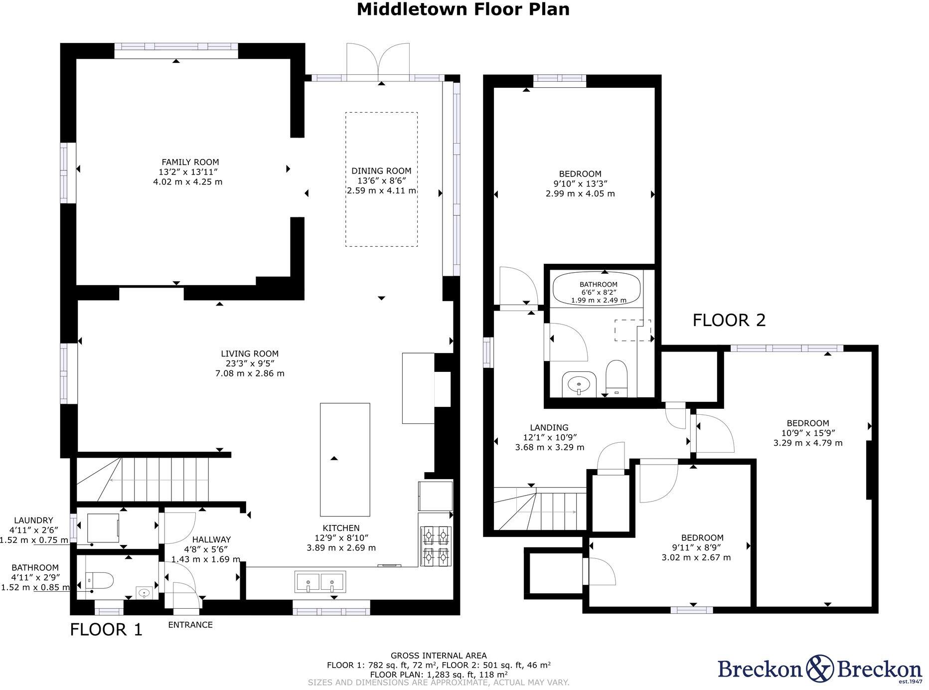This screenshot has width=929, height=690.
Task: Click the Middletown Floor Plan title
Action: tap(463, 9)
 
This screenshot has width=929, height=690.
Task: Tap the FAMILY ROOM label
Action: tap(190, 162)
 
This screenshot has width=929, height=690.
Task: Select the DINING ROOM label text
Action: tap(381, 171)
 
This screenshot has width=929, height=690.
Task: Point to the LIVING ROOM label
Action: tap(250, 354)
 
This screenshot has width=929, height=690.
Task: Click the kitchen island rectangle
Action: tap(344, 459)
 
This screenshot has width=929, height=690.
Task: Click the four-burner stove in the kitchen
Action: tap(436, 546)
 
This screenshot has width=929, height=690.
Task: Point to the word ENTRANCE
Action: tap(190, 625)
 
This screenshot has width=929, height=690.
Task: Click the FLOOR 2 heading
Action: tap(729, 320)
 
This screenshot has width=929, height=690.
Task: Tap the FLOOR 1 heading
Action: tap(106, 630)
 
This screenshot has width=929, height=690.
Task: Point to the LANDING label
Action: tap(549, 428)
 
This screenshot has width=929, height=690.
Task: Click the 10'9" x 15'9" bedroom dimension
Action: tap(808, 433)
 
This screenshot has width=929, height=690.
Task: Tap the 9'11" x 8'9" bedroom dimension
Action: tap(696, 548)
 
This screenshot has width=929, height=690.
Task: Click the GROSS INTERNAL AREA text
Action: tap(439, 656)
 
